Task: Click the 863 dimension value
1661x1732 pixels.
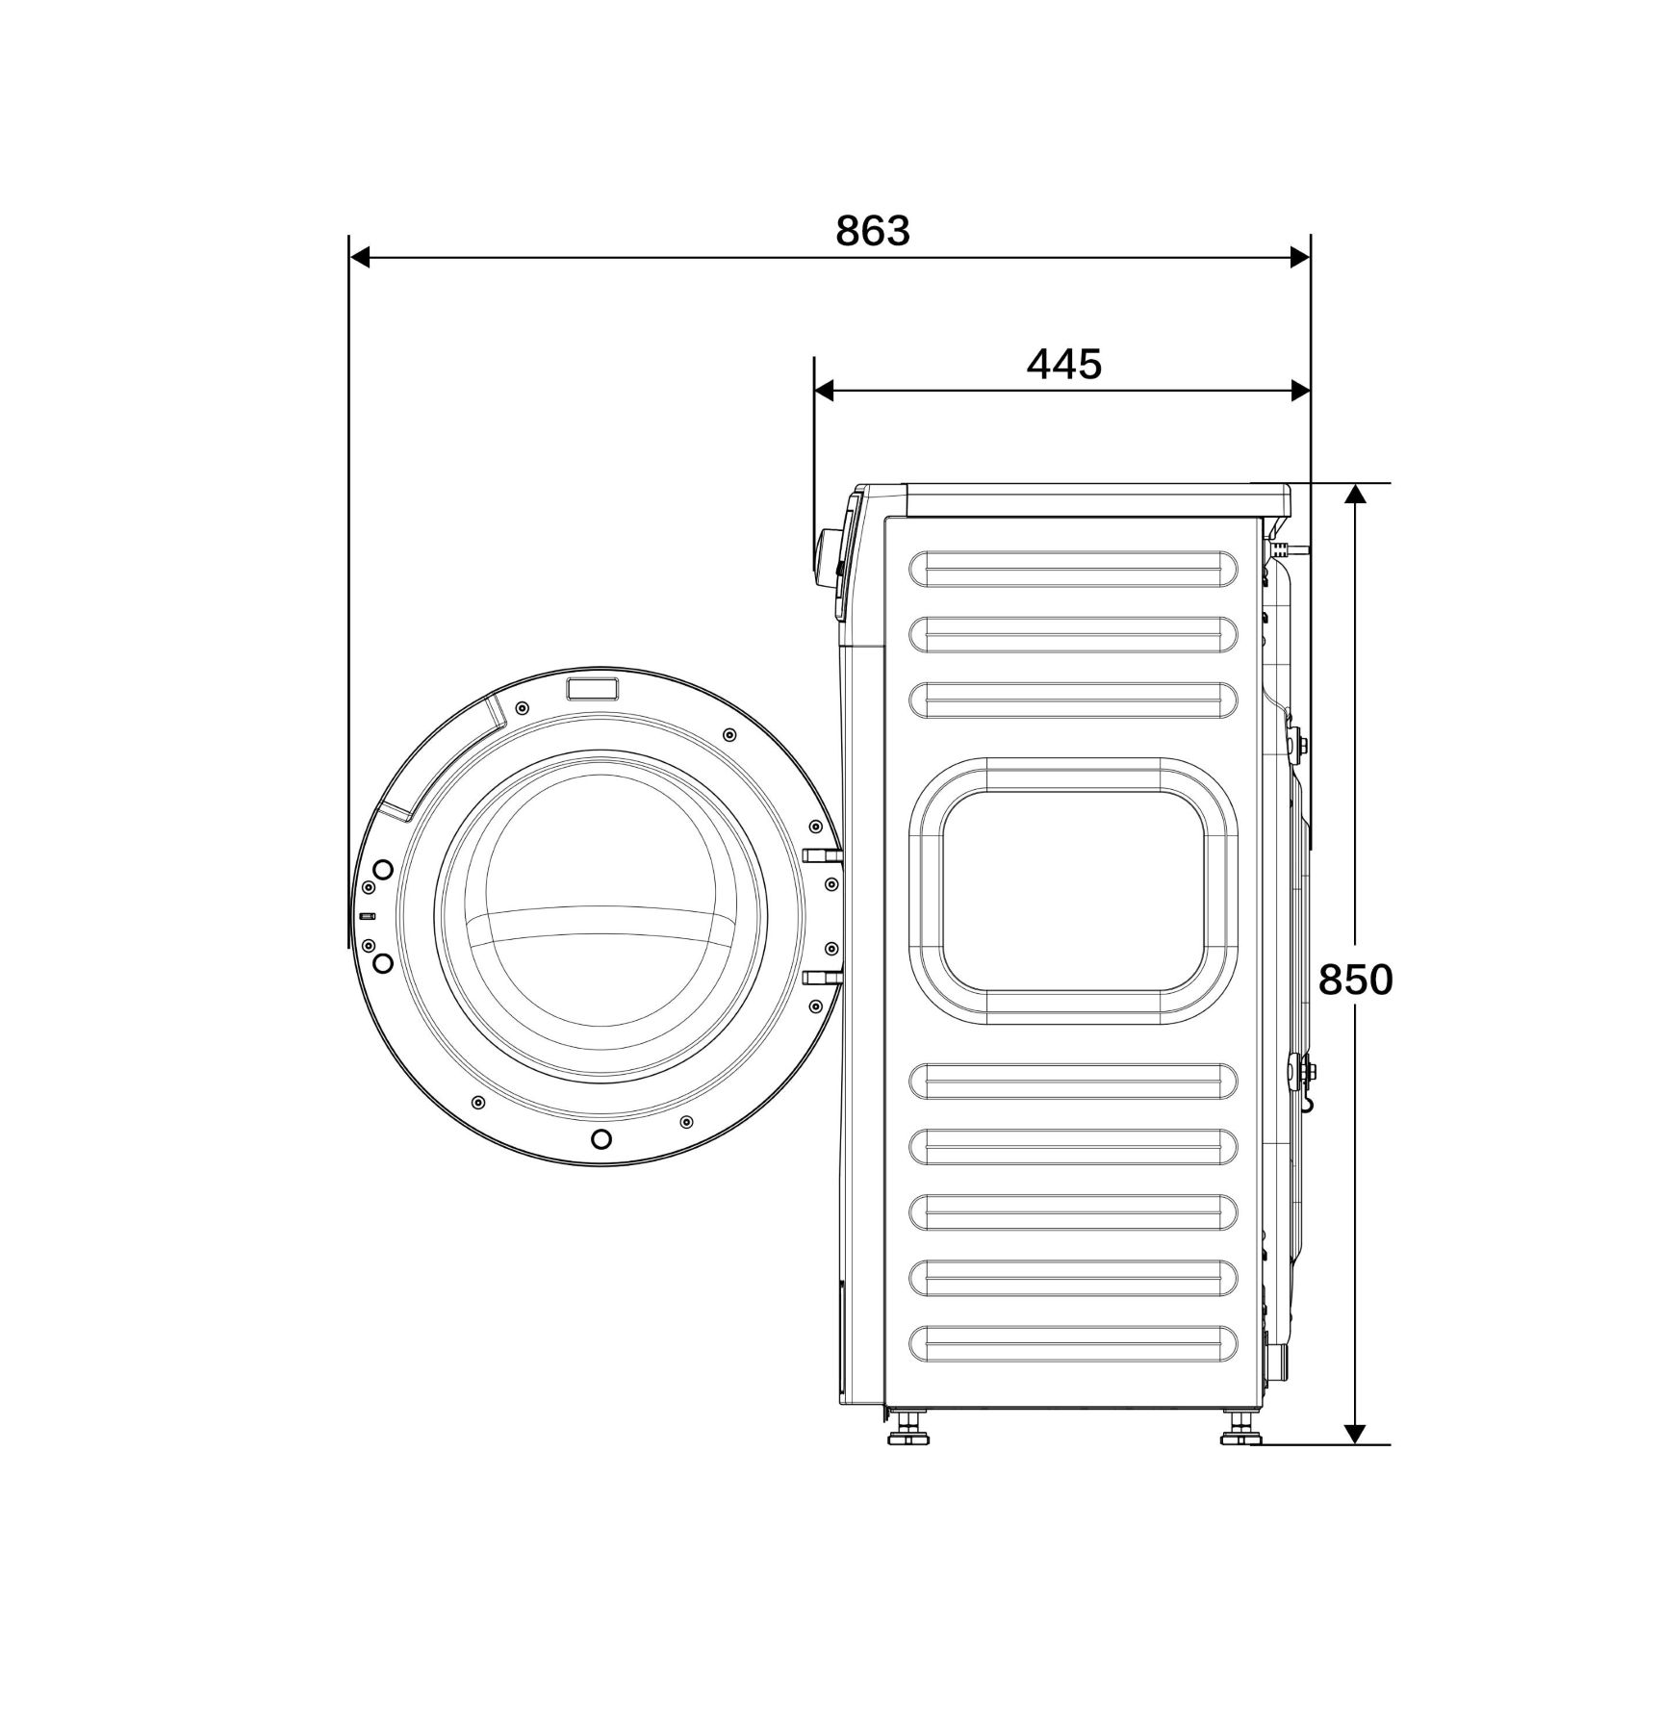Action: coord(873,231)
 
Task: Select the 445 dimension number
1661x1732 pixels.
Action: coord(1063,365)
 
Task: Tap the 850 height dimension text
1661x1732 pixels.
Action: coord(1355,981)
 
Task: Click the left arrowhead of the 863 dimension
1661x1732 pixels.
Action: coord(360,257)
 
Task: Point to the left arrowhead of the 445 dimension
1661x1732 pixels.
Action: coord(825,390)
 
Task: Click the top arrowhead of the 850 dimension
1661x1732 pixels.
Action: coord(1355,494)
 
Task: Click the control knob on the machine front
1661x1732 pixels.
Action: coord(825,557)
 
